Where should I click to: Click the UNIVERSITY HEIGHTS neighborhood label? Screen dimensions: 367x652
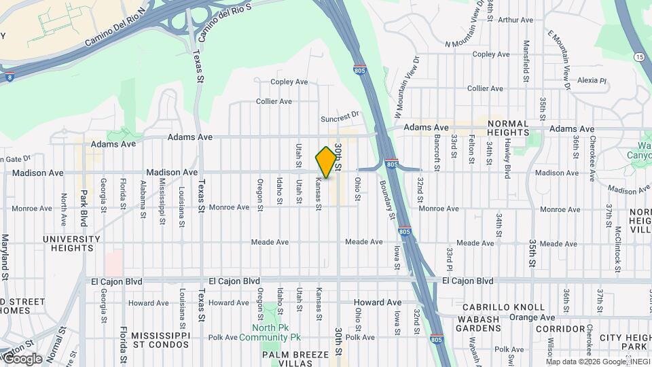coord(71,243)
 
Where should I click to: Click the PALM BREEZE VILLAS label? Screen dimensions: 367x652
coord(296,360)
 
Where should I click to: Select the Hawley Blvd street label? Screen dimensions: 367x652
coord(507,158)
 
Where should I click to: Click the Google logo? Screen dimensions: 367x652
coord(22,359)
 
